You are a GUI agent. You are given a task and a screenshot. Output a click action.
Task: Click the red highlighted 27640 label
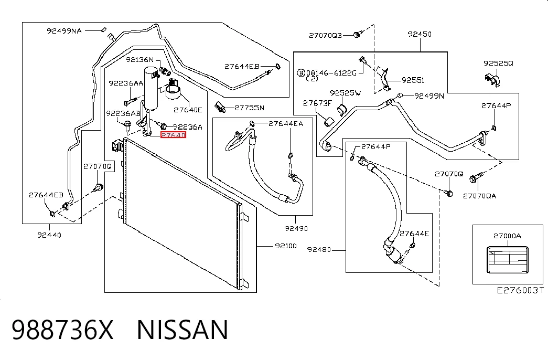[174, 135]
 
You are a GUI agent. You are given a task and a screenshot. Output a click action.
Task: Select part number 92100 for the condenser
[286, 246]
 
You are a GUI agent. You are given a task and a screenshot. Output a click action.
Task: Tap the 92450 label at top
[420, 34]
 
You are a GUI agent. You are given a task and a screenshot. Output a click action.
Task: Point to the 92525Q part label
[498, 63]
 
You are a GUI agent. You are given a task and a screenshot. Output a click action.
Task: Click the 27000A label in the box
[507, 236]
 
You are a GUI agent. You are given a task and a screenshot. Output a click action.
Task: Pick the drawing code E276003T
[520, 290]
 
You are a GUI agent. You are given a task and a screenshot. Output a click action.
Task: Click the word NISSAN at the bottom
[182, 330]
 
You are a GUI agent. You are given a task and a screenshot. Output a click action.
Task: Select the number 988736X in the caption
[62, 330]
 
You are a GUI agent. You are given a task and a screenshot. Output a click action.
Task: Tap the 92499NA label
[65, 31]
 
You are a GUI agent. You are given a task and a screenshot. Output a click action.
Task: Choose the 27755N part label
[249, 108]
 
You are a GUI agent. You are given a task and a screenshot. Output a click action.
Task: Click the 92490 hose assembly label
[296, 228]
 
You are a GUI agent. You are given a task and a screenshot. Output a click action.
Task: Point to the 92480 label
[319, 249]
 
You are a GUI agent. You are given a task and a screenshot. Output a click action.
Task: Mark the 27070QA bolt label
[479, 196]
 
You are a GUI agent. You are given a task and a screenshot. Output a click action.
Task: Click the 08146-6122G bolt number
[331, 73]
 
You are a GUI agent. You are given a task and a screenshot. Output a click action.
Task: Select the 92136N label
[140, 59]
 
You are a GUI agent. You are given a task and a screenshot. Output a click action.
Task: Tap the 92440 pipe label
[49, 235]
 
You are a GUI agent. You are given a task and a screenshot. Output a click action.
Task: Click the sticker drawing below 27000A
[508, 260]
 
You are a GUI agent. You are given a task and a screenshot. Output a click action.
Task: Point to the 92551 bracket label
[413, 80]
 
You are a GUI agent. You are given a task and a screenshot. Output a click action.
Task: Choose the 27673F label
[317, 103]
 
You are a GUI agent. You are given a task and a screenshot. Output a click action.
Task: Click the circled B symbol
[301, 73]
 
